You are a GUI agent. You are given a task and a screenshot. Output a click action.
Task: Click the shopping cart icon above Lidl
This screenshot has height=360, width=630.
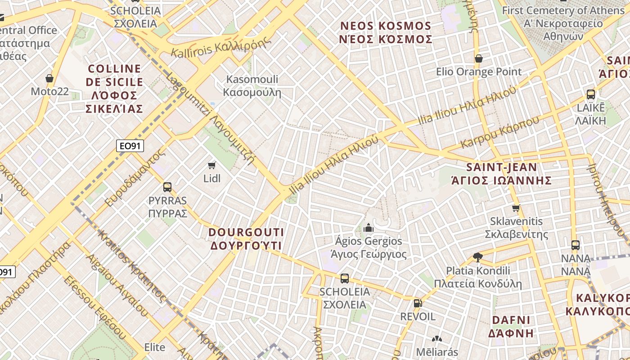coord(212,165)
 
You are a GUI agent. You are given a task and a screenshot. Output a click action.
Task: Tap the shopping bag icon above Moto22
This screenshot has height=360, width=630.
coord(49,78)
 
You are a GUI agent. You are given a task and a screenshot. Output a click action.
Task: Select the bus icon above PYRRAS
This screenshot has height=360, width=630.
coord(167,187)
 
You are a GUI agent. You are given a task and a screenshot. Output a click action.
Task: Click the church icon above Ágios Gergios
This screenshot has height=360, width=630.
coord(369,228)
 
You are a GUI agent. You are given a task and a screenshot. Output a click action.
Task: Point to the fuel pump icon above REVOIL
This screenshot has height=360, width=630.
coord(418,303)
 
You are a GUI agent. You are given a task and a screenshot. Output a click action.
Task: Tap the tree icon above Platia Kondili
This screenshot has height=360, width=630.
coord(478,257)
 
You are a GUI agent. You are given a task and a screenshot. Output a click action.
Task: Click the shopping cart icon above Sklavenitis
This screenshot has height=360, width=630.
coord(516,208)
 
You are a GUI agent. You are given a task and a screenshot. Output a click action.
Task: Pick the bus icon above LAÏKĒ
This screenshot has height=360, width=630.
coord(591,94)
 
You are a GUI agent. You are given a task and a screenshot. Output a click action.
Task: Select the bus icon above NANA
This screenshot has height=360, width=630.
coord(576,245)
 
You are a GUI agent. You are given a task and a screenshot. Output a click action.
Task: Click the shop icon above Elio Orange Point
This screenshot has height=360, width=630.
coord(479,58)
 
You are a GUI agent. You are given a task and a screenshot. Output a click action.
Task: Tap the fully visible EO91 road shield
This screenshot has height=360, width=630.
coord(130,146)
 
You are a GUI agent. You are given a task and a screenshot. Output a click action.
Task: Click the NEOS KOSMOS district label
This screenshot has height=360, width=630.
coord(386,32)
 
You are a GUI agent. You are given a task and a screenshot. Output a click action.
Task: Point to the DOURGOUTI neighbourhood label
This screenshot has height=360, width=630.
coord(246,239)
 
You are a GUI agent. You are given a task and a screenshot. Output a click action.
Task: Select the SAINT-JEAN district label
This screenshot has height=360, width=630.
coord(502,174)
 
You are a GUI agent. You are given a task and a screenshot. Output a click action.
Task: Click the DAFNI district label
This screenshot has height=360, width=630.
coord(511,327)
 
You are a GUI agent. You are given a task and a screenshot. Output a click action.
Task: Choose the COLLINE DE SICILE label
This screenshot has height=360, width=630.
coord(114,89)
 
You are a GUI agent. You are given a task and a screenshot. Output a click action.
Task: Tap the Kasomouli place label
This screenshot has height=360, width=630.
coord(252,86)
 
